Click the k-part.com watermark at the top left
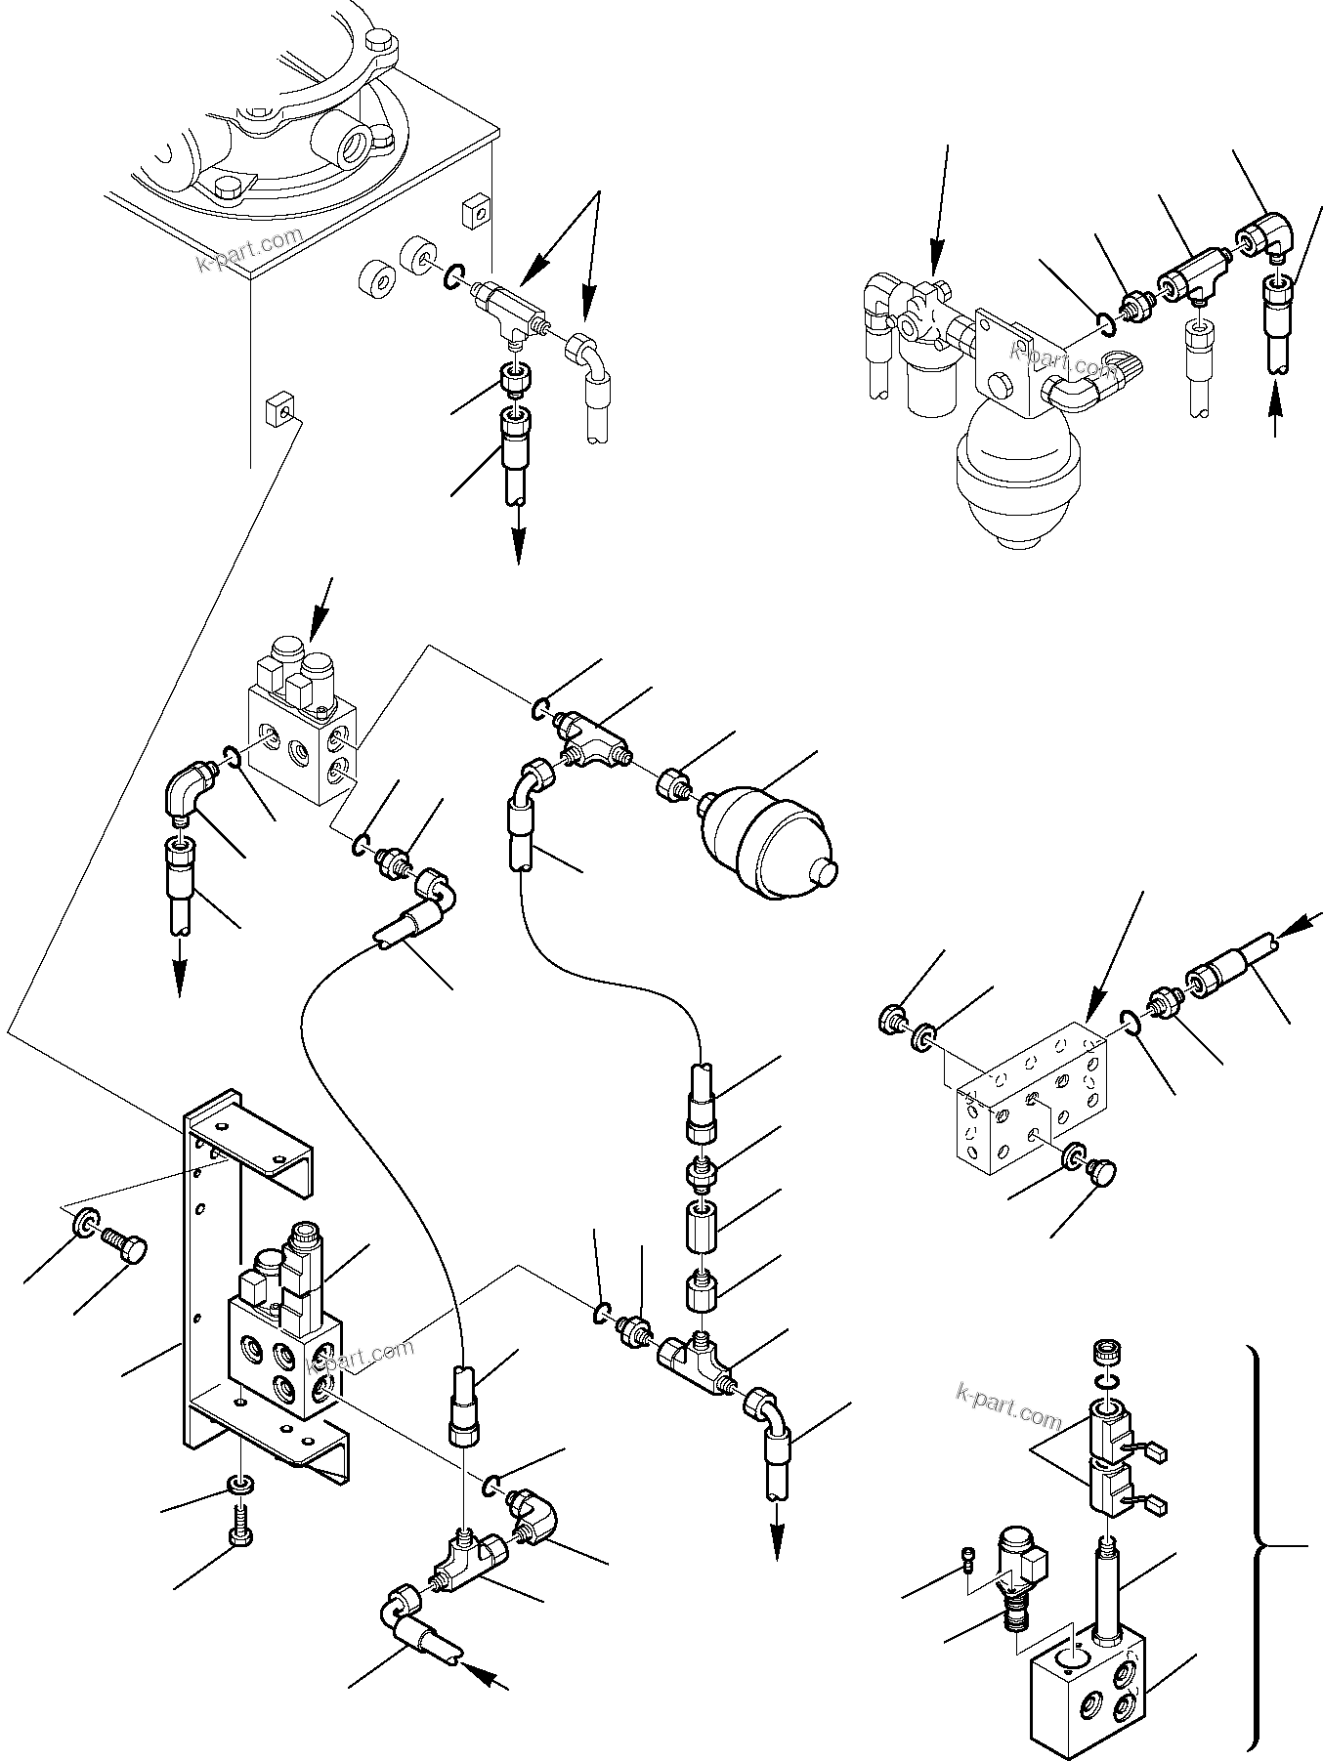250,251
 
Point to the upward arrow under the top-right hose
1275,409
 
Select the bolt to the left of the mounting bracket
127,1251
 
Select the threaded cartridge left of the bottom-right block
1016,1591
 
